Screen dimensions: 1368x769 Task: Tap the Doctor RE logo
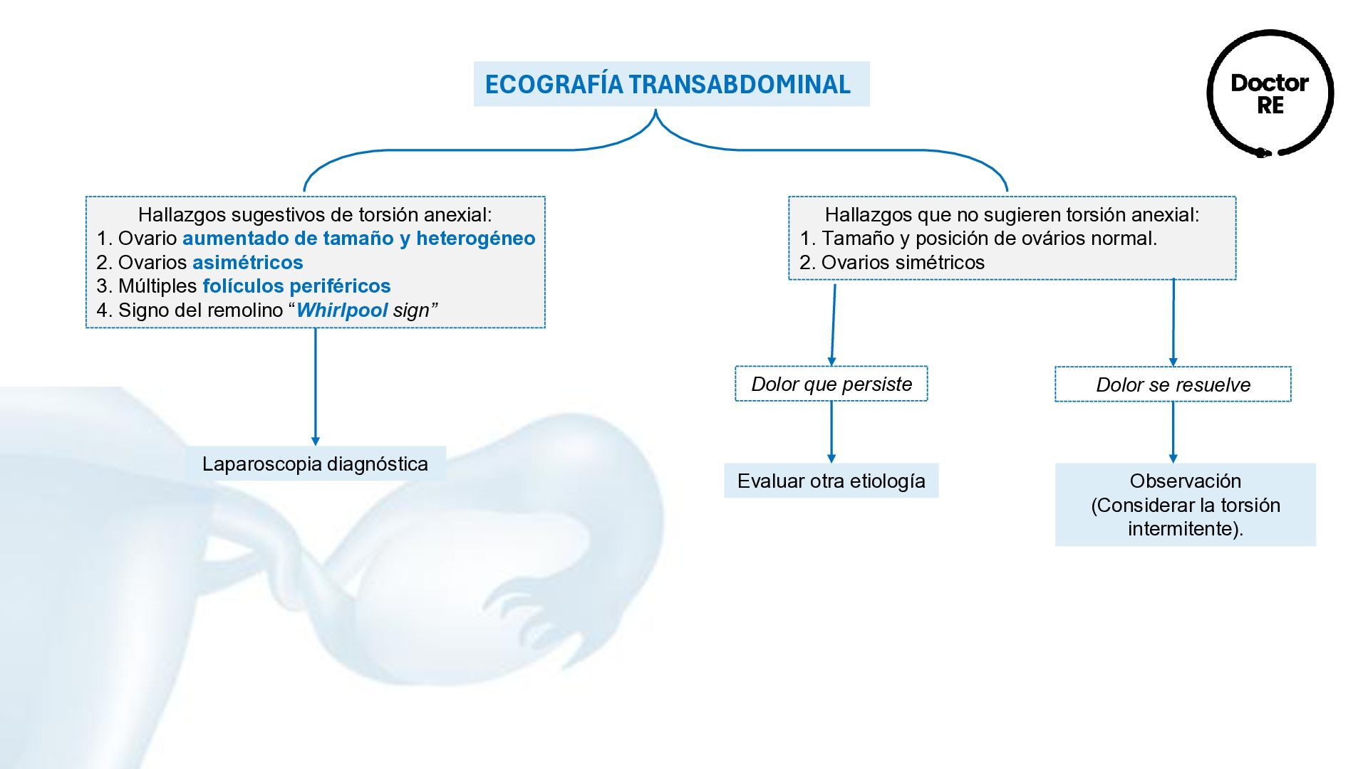click(x=1270, y=93)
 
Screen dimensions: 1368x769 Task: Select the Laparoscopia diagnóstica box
click(x=315, y=464)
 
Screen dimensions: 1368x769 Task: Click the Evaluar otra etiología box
click(x=831, y=481)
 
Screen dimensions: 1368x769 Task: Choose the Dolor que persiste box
click(x=831, y=384)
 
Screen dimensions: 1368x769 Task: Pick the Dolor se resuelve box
click(x=1173, y=384)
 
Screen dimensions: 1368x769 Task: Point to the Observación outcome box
click(x=1185, y=505)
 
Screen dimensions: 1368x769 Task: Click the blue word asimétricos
click(x=248, y=263)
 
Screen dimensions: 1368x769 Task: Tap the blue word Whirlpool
click(x=342, y=310)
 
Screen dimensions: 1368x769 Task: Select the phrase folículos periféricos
click(x=296, y=286)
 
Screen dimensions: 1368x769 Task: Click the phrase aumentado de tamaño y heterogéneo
click(x=358, y=239)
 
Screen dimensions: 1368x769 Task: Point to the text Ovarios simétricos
click(x=903, y=263)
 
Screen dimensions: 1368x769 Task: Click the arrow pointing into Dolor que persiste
click(x=833, y=324)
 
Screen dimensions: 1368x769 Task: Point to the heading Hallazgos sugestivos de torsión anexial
click(x=315, y=214)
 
